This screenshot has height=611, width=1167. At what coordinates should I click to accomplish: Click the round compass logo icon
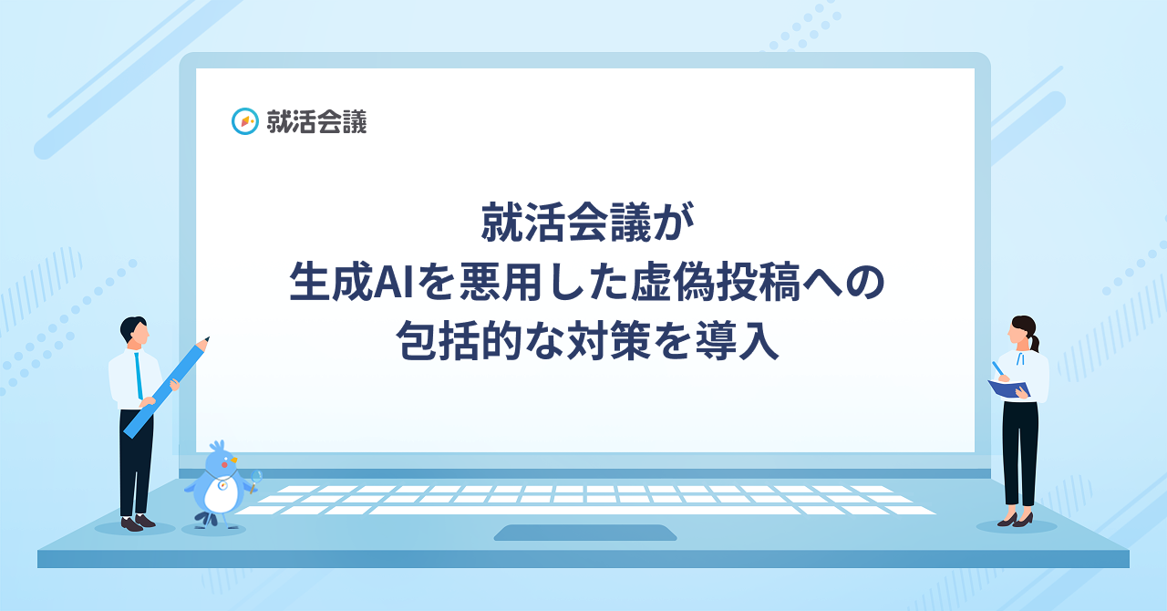[x=245, y=121]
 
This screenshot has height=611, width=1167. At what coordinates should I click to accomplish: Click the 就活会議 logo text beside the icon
[x=316, y=121]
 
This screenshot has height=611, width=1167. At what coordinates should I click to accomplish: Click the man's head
[x=134, y=332]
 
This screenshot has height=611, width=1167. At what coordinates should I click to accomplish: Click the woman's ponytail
[x=1035, y=339]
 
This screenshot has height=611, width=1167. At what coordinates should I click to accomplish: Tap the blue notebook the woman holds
[x=1008, y=388]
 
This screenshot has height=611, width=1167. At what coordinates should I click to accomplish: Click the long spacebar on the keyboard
[x=583, y=510]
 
